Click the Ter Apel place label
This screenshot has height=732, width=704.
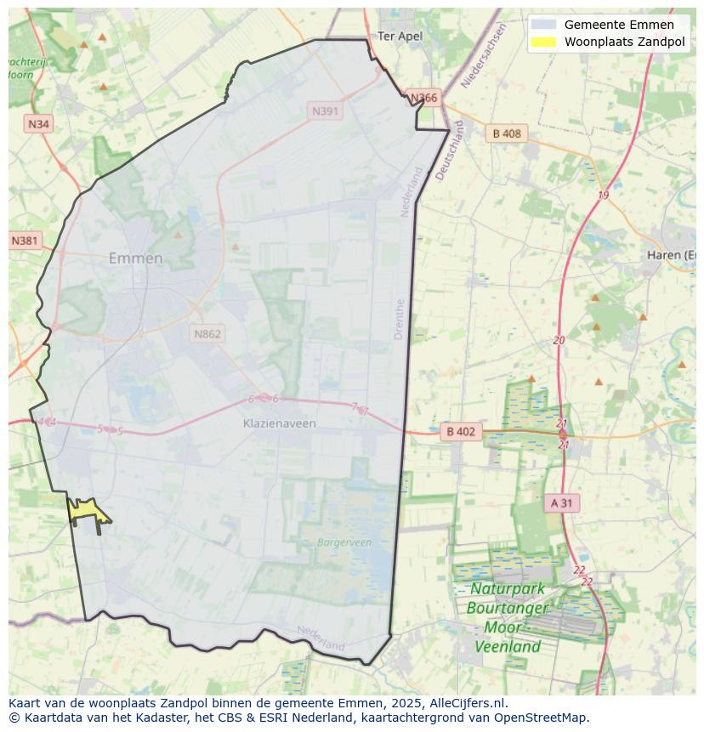pos(400,36)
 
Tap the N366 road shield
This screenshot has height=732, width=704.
pos(423,98)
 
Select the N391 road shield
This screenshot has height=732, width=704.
pos(326,111)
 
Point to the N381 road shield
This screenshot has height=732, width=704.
pos(25,241)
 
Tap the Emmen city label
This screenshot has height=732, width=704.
pos(135,258)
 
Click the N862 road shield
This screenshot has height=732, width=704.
pos(207,333)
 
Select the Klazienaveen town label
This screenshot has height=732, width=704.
pos(279,423)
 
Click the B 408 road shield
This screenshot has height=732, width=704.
pos(507,133)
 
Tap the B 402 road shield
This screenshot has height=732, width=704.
pos(461,432)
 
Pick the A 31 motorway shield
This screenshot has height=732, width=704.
pos(561,503)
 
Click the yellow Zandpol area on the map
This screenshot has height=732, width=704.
pos(86,510)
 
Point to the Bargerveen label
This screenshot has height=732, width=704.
pos(344,542)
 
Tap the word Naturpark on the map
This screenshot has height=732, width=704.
pos(508,588)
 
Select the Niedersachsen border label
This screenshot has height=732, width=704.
pos(483,56)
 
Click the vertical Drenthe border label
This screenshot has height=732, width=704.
pos(400,319)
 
